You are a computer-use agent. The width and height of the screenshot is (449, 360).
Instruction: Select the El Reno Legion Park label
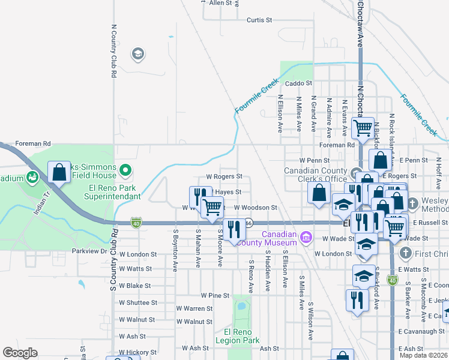(x=241, y=337)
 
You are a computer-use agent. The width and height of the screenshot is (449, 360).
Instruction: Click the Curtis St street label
(x=259, y=20)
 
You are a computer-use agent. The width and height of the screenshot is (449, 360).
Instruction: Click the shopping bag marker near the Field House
(x=59, y=172)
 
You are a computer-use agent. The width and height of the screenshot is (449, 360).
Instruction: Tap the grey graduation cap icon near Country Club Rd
(x=137, y=54)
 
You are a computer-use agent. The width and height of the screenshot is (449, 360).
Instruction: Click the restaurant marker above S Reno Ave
(x=234, y=229)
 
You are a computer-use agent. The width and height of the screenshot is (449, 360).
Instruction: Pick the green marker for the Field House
(x=125, y=171)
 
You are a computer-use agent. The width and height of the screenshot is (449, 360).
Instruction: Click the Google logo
(x=20, y=353)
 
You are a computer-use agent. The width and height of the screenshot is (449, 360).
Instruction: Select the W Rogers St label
(x=224, y=177)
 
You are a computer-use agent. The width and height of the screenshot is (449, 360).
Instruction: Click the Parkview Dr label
(x=89, y=251)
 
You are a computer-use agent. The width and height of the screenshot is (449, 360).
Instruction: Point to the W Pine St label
(x=215, y=295)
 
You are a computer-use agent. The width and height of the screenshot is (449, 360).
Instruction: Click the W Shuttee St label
(x=138, y=303)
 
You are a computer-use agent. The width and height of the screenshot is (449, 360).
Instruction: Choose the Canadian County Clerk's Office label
(x=316, y=175)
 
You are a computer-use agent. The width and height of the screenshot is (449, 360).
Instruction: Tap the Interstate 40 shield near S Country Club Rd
(x=137, y=223)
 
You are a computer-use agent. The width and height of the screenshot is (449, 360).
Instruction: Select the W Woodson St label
(x=256, y=208)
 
